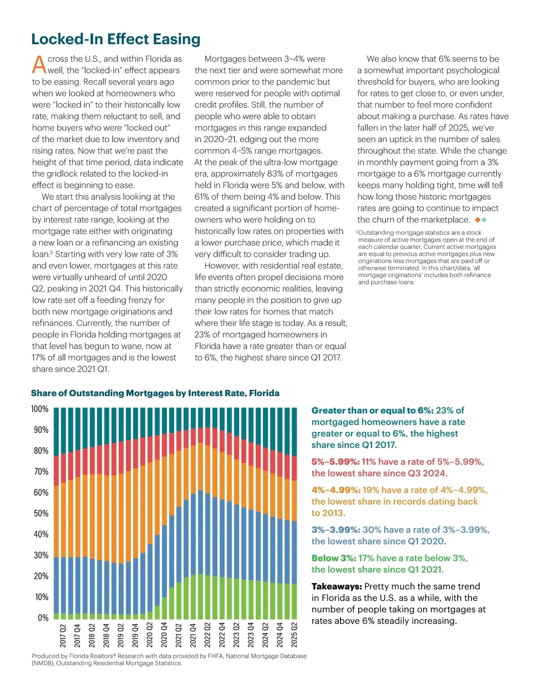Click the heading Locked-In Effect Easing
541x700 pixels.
[115, 39]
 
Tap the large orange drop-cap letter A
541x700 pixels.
[39, 64]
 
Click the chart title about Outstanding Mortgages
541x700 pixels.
[155, 393]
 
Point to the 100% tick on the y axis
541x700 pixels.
[40, 409]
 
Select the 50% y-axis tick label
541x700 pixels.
[41, 513]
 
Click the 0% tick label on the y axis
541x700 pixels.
[43, 618]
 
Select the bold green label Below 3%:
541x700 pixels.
[334, 558]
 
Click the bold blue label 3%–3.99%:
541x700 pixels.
[335, 530]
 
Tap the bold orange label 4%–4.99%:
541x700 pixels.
[335, 490]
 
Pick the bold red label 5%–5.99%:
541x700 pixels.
[335, 462]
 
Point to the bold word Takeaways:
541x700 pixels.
[336, 586]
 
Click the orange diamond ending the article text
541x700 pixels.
[478, 220]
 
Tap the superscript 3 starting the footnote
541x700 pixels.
[357, 232]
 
